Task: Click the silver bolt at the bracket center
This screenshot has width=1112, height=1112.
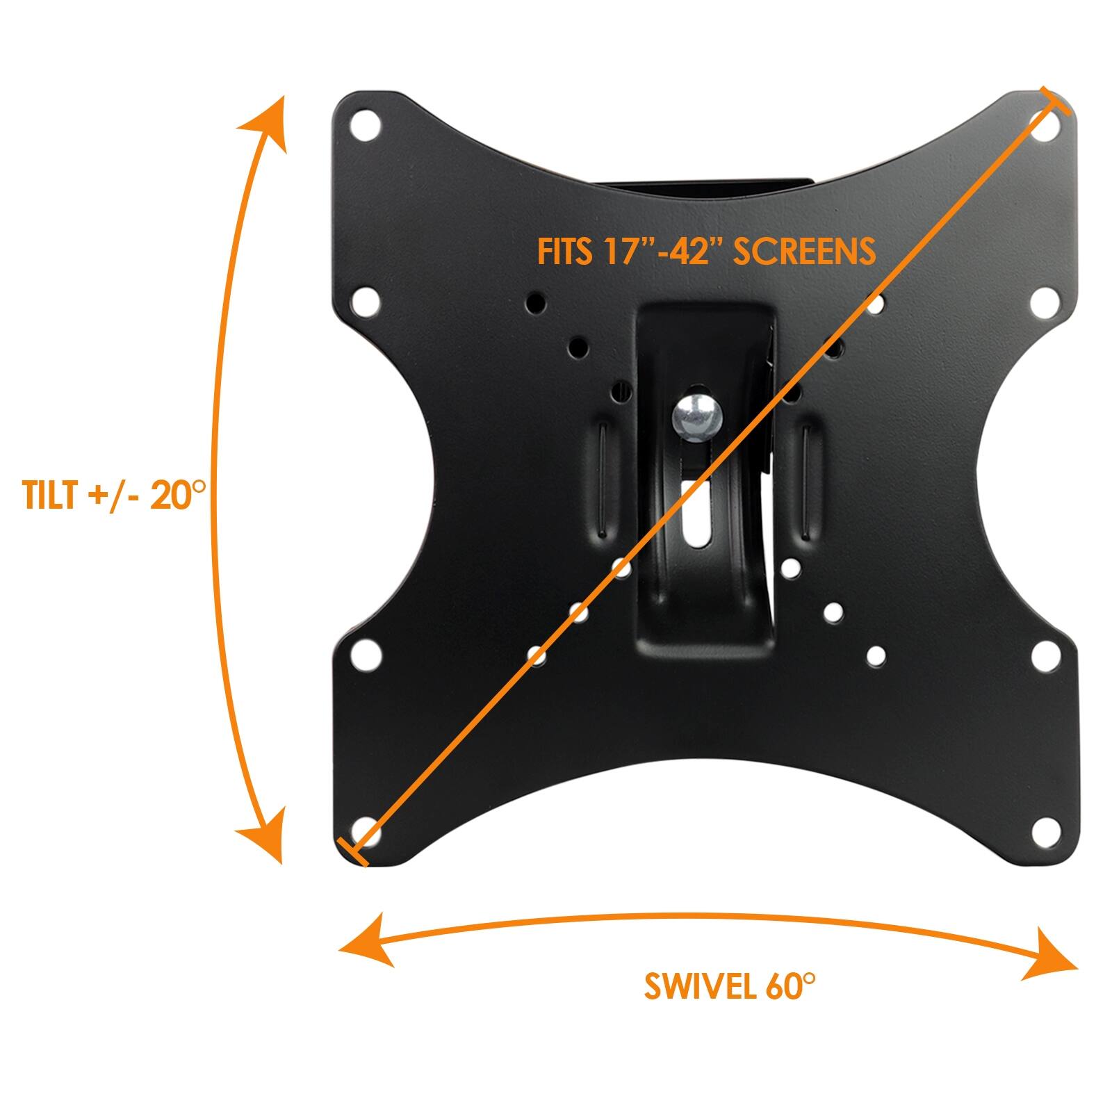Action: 698,420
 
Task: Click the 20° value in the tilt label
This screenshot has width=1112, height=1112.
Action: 177,495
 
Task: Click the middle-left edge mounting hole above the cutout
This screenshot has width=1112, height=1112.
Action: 366,302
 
